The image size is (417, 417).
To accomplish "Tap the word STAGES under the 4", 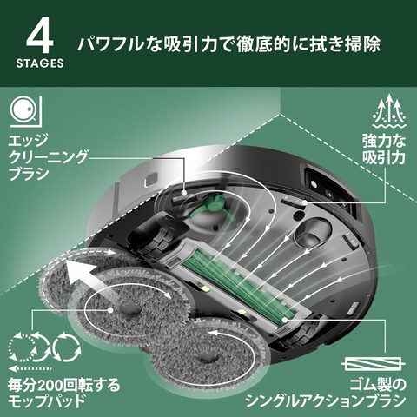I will click(x=39, y=64).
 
